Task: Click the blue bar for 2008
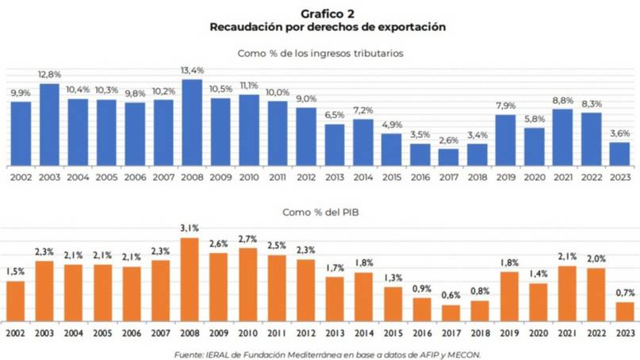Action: point(192,123)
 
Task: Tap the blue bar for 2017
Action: point(448,158)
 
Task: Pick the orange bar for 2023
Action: point(624,312)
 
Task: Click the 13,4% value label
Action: point(192,71)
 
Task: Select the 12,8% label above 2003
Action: point(49,75)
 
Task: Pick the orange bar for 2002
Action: point(15,301)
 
